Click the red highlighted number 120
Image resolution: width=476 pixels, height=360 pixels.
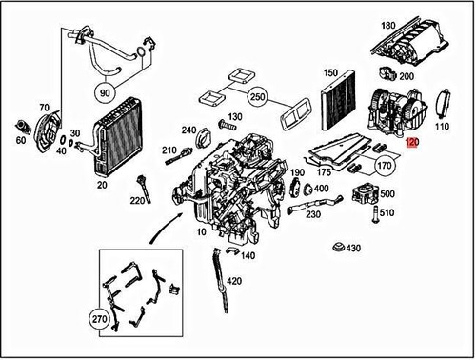410,143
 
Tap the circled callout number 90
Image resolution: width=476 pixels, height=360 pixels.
105,93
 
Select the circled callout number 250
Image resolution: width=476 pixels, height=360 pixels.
256,98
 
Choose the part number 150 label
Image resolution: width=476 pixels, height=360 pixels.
331,73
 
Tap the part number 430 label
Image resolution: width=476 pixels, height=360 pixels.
353,249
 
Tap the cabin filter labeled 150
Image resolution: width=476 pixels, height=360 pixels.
336,106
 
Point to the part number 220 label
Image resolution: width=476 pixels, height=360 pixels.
137,201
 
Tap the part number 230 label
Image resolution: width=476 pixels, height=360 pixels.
313,215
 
